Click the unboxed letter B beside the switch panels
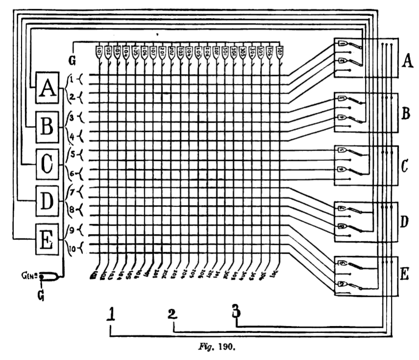click(x=405, y=114)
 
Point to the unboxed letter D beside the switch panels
click(x=405, y=222)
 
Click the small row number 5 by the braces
click(x=72, y=151)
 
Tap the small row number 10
click(x=71, y=248)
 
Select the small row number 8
click(x=72, y=208)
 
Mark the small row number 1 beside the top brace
click(x=72, y=77)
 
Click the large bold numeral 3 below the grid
click(x=236, y=311)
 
